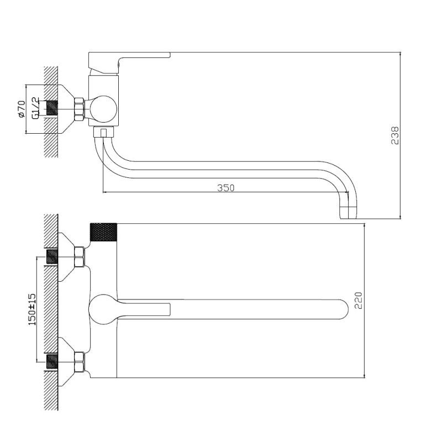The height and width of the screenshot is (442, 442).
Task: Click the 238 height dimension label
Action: point(394,135)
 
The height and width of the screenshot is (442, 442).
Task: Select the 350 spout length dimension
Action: point(225,188)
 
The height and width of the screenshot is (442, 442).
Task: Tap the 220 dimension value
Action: point(358,301)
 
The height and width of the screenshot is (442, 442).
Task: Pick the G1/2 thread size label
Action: point(35,108)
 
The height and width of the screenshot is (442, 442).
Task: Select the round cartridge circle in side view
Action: point(103,108)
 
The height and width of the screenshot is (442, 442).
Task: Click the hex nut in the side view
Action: point(78,109)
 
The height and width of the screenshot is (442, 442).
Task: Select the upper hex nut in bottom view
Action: point(79,257)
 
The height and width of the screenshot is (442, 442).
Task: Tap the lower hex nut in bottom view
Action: point(79,362)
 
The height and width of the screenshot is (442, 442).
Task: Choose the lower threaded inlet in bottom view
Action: point(52,362)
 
